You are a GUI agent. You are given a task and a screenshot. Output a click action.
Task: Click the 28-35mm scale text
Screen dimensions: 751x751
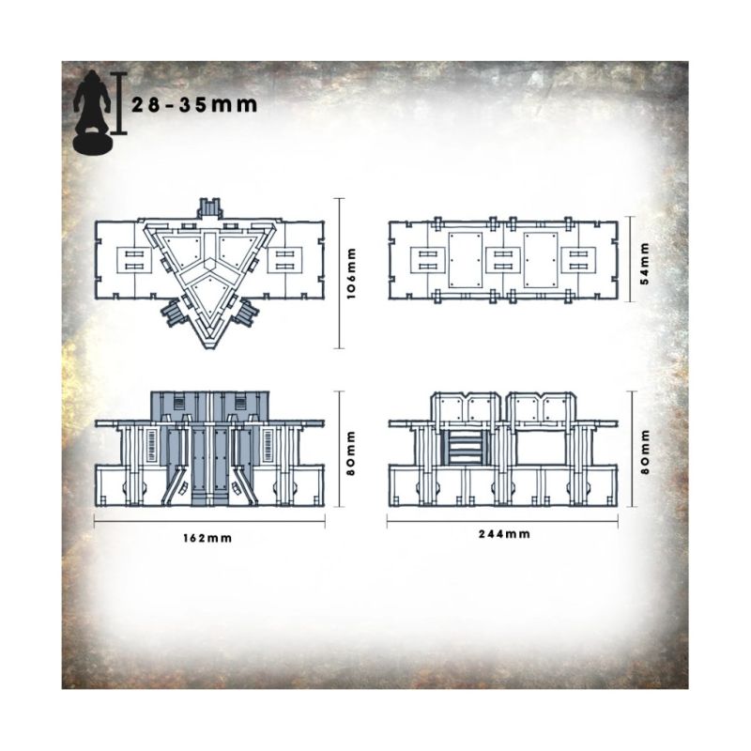[x=194, y=104]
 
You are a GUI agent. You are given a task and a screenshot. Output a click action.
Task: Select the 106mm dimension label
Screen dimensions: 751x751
[x=352, y=273]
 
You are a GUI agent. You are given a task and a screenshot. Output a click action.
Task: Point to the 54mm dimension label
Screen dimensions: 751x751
[x=645, y=264]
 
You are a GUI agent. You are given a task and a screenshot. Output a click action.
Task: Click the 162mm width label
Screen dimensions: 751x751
[x=207, y=538]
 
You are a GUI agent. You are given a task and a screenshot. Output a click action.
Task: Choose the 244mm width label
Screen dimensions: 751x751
[x=504, y=534]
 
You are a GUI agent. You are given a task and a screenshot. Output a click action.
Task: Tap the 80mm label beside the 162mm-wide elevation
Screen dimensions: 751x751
[x=352, y=453]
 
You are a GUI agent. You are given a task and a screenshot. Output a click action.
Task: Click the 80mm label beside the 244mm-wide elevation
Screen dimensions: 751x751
[x=645, y=452]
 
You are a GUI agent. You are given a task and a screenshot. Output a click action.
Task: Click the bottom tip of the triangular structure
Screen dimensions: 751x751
[x=209, y=349]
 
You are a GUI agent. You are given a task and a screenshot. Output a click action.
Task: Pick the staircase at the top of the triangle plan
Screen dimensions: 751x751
[x=209, y=208]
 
